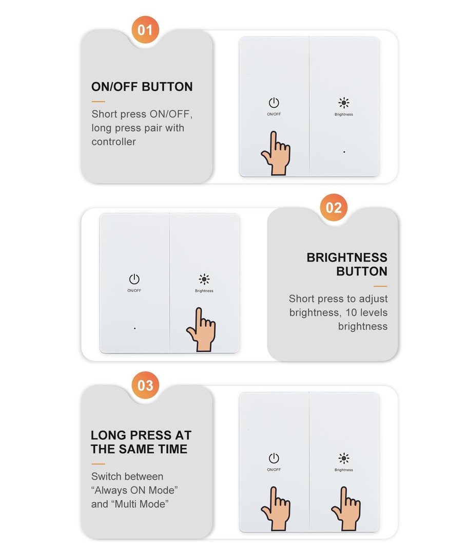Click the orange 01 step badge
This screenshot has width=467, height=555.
tap(145, 30)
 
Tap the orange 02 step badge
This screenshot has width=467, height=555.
tap(334, 208)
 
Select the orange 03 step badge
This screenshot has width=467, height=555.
tap(145, 385)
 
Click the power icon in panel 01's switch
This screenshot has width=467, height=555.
tap(274, 103)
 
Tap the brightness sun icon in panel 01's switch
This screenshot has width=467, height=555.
tap(344, 103)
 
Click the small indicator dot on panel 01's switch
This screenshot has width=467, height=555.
tap(344, 152)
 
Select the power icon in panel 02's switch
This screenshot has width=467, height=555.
tap(134, 279)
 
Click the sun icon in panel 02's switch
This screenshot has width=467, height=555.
tap(204, 279)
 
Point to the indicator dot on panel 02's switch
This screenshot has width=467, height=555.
tap(134, 328)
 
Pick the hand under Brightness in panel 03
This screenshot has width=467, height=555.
tap(346, 509)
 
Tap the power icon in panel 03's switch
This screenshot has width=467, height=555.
tap(274, 458)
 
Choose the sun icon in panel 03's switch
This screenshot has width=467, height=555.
tap(344, 458)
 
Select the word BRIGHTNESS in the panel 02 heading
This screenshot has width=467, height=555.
tap(347, 257)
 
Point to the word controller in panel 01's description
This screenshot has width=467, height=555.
tap(113, 142)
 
